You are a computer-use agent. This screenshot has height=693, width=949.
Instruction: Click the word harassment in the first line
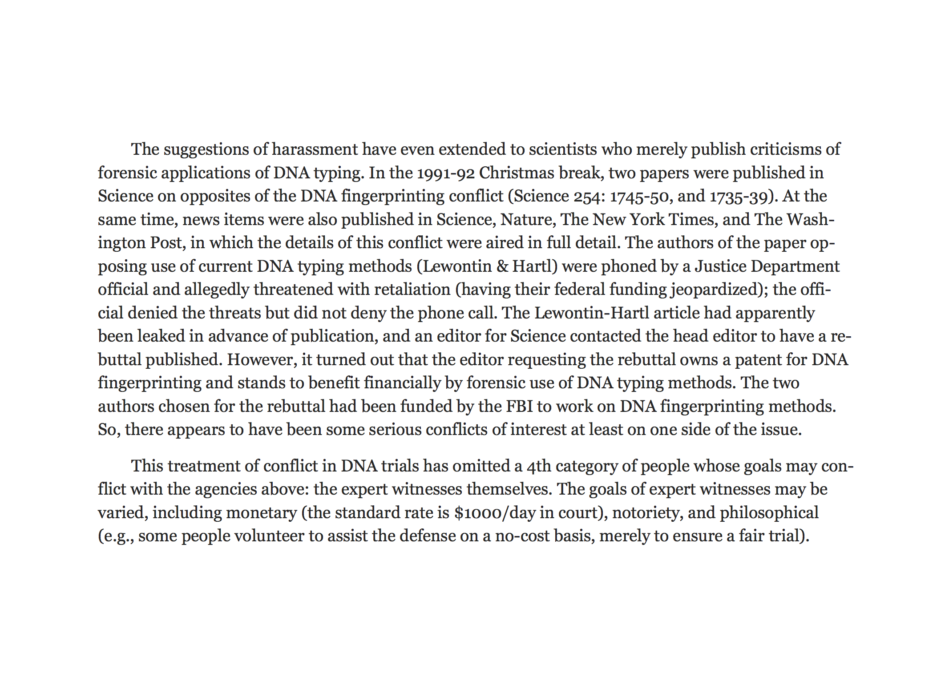[315, 149]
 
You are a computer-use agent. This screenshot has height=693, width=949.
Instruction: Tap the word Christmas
[517, 173]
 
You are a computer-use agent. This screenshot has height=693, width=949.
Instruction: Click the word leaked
[161, 336]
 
